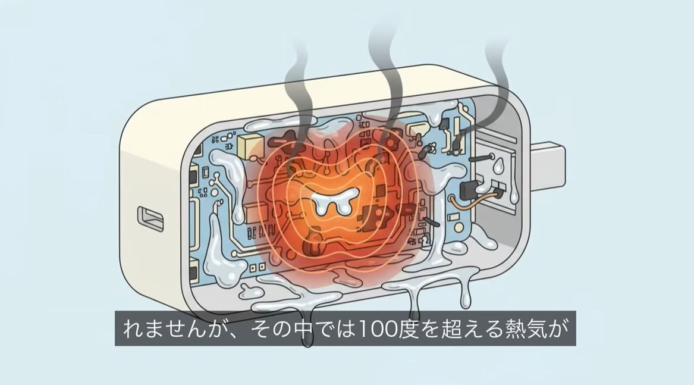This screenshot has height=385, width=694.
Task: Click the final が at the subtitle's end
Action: (x=563, y=328)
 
